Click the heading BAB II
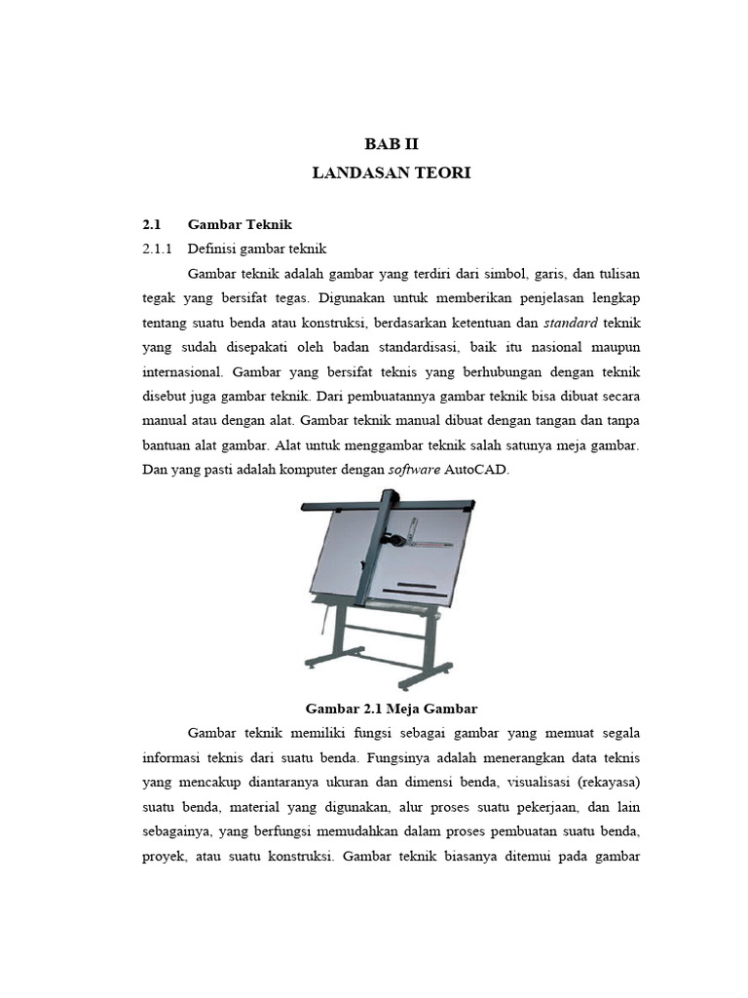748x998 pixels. click(391, 144)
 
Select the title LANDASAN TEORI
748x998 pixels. click(391, 173)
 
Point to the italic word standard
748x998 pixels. click(570, 322)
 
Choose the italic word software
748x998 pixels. click(414, 470)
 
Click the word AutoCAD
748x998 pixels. click(477, 470)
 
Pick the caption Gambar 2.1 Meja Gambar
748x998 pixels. click(391, 707)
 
